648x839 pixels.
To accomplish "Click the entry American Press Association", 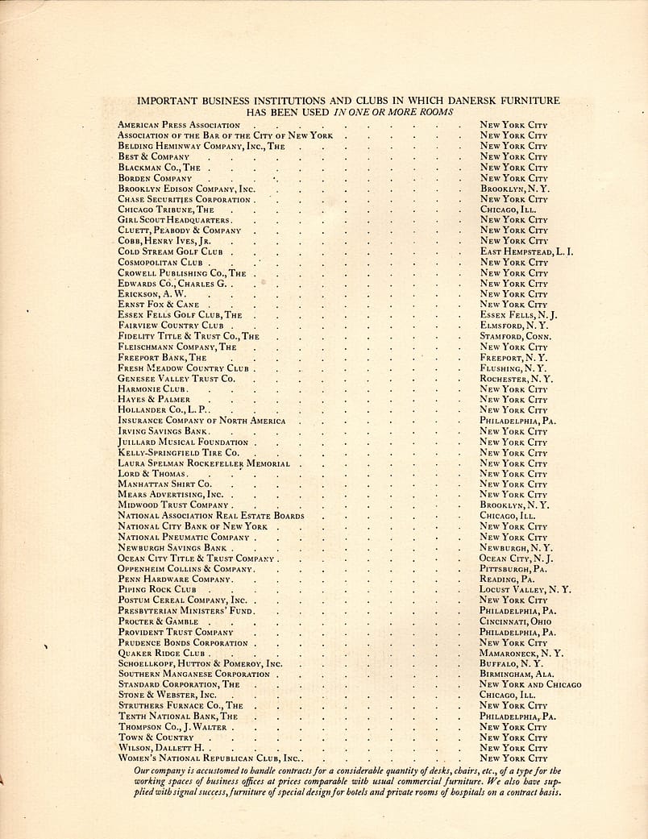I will click(178, 125).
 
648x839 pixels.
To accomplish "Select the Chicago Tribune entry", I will click(166, 210).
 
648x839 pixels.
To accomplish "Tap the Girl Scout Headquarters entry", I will click(175, 220).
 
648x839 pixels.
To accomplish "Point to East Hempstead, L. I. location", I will click(525, 251).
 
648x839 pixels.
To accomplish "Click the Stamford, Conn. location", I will click(516, 336).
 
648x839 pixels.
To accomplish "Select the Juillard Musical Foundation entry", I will click(183, 442).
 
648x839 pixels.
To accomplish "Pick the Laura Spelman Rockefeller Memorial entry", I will click(204, 463).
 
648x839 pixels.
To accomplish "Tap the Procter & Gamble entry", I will click(158, 622).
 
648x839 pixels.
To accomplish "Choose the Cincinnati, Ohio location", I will click(516, 622).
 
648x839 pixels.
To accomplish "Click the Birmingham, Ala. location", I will click(517, 674).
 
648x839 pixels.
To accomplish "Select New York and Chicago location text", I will click(530, 684).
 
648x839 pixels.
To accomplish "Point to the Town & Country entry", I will click(156, 737).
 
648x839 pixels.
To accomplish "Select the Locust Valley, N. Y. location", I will click(525, 589).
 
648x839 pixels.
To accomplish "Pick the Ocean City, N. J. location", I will click(516, 558).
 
